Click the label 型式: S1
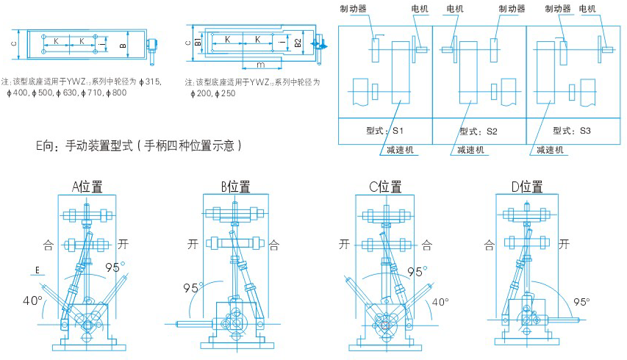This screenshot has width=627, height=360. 384,131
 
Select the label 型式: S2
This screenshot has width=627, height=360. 479,131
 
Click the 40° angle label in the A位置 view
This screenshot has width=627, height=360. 30,300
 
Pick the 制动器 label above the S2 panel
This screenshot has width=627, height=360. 512,9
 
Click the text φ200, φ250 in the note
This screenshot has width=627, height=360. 212,93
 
